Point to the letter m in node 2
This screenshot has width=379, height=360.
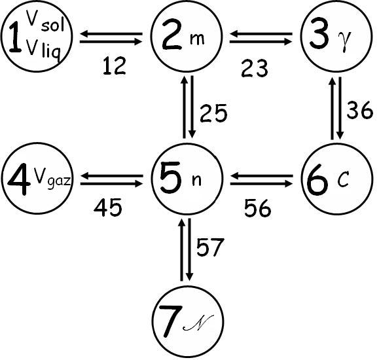click(x=197, y=39)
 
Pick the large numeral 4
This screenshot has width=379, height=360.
click(x=19, y=179)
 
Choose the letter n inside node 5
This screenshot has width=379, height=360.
click(x=196, y=181)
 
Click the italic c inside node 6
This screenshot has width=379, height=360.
click(x=343, y=180)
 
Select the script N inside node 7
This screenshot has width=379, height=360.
click(x=198, y=323)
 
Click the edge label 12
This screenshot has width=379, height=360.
click(x=115, y=65)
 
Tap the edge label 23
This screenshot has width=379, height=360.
click(x=255, y=69)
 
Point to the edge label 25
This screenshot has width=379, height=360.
click(x=213, y=113)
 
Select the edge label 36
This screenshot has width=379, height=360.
click(x=360, y=110)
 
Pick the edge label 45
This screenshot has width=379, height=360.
click(x=108, y=207)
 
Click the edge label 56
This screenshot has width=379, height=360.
click(x=258, y=208)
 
